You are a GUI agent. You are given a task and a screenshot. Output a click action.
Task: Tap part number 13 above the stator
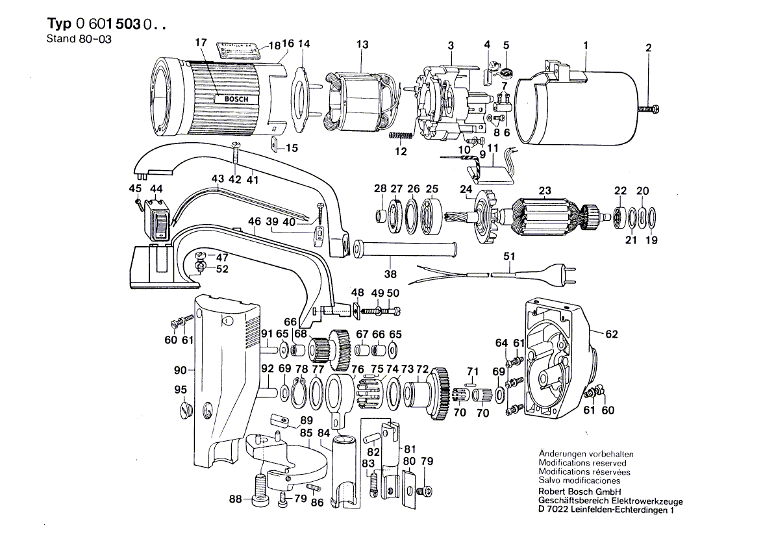click(x=362, y=44)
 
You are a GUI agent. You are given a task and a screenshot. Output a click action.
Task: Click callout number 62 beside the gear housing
click(x=611, y=334)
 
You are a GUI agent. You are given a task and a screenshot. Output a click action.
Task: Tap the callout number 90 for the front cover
click(x=180, y=370)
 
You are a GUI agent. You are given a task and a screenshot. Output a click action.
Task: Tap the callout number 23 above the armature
click(x=544, y=190)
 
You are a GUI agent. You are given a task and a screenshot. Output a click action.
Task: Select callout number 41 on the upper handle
click(x=252, y=179)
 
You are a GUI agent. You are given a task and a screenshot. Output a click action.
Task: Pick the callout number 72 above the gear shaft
click(x=421, y=369)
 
